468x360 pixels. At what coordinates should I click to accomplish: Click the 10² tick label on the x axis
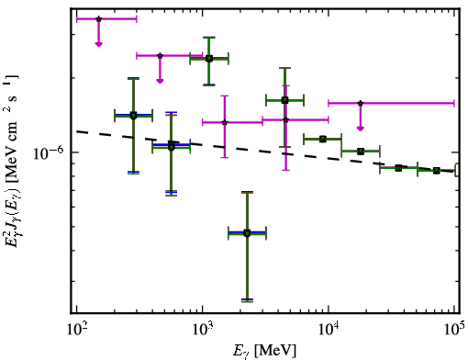click(x=77, y=329)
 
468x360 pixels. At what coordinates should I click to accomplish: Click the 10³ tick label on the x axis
click(x=203, y=329)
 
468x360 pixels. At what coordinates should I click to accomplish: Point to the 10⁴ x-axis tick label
click(x=329, y=329)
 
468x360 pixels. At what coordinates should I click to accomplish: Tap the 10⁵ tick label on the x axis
click(x=455, y=329)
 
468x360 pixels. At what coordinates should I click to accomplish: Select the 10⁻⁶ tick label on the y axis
click(x=48, y=152)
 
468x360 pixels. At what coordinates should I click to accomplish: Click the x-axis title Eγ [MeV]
click(x=264, y=351)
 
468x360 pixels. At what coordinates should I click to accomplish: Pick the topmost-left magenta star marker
click(x=98, y=19)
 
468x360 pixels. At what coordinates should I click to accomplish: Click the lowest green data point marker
click(x=247, y=233)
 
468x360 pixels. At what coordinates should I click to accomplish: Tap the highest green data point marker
click(x=209, y=59)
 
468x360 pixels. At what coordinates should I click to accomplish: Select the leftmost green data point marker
click(x=133, y=116)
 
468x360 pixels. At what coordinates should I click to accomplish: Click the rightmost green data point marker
click(x=437, y=171)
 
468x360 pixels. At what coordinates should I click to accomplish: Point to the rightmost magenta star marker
click(x=361, y=103)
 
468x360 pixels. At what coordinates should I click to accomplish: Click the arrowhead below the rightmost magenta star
click(x=361, y=129)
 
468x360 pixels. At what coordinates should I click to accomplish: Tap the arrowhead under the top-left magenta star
click(x=98, y=44)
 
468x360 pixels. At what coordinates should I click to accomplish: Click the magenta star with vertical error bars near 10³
click(x=225, y=122)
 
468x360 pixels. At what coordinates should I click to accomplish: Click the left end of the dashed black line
click(x=77, y=131)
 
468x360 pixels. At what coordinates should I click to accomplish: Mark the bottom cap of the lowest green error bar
click(x=247, y=301)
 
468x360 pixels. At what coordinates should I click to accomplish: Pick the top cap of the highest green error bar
click(x=209, y=38)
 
